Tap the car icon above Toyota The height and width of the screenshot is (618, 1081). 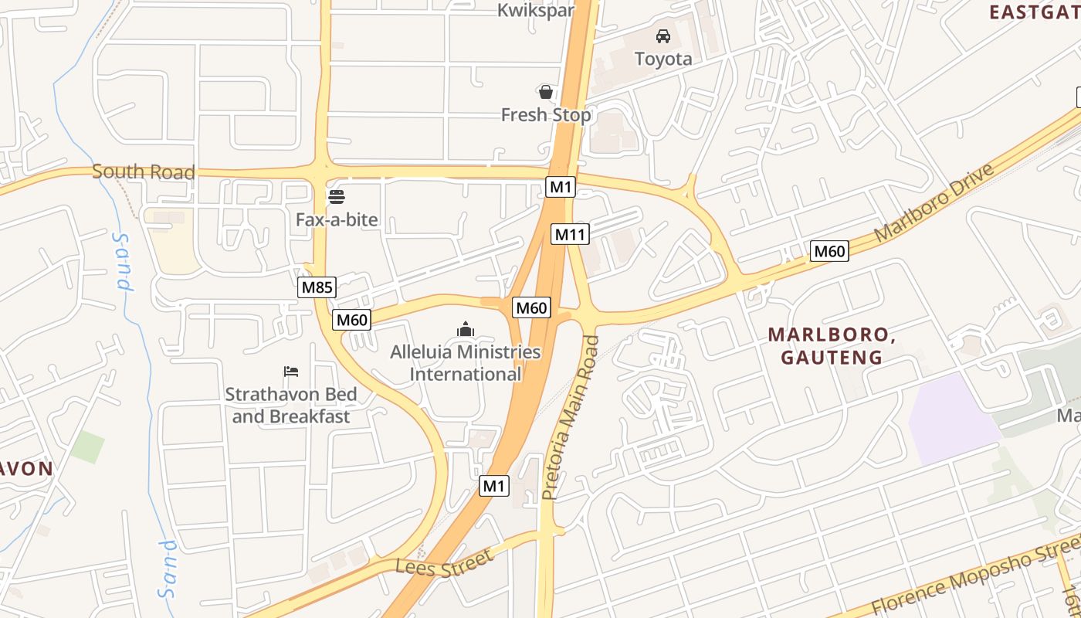coord(662,36)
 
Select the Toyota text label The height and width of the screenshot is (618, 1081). coord(662,59)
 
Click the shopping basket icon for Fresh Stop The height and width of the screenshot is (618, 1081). coord(546,93)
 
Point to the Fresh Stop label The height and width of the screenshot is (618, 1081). coord(546,115)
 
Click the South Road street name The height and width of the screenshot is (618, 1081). coord(143,171)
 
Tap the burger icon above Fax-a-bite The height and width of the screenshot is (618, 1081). coord(337,197)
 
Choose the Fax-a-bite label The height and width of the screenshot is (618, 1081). coord(337,220)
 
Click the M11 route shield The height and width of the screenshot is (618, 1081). coord(570,234)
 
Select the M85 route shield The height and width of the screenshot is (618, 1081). coord(317,287)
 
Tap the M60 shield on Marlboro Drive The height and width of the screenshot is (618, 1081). coord(830,251)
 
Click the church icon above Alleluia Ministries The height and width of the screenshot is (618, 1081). coord(465,330)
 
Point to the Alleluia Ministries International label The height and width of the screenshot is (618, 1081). coord(465,363)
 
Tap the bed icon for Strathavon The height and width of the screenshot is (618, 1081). coord(291,372)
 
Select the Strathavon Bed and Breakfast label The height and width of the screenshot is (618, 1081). coord(291,406)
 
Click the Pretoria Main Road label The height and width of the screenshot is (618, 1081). coord(570,417)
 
